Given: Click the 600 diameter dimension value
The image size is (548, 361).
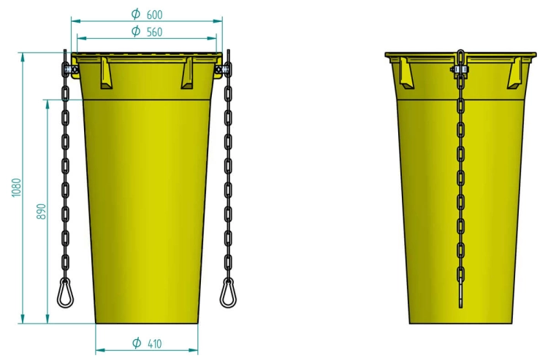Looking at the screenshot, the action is tap(154, 15).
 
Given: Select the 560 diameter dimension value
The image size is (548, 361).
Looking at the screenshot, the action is tap(154, 32).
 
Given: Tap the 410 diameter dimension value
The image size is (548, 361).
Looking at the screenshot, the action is tap(154, 343).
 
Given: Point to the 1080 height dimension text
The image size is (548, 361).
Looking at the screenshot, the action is tap(16, 187).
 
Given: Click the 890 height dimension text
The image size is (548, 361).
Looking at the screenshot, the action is tap(41, 211).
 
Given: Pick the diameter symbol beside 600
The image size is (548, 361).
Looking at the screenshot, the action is tap(136, 14).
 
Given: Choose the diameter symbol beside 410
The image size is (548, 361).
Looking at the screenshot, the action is tap(137, 343).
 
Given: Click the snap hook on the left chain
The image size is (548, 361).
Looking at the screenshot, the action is tap(65, 294).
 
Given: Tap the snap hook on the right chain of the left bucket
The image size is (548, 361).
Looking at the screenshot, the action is tap(228, 294).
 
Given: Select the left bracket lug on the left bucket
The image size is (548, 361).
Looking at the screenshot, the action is tap(105, 72).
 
